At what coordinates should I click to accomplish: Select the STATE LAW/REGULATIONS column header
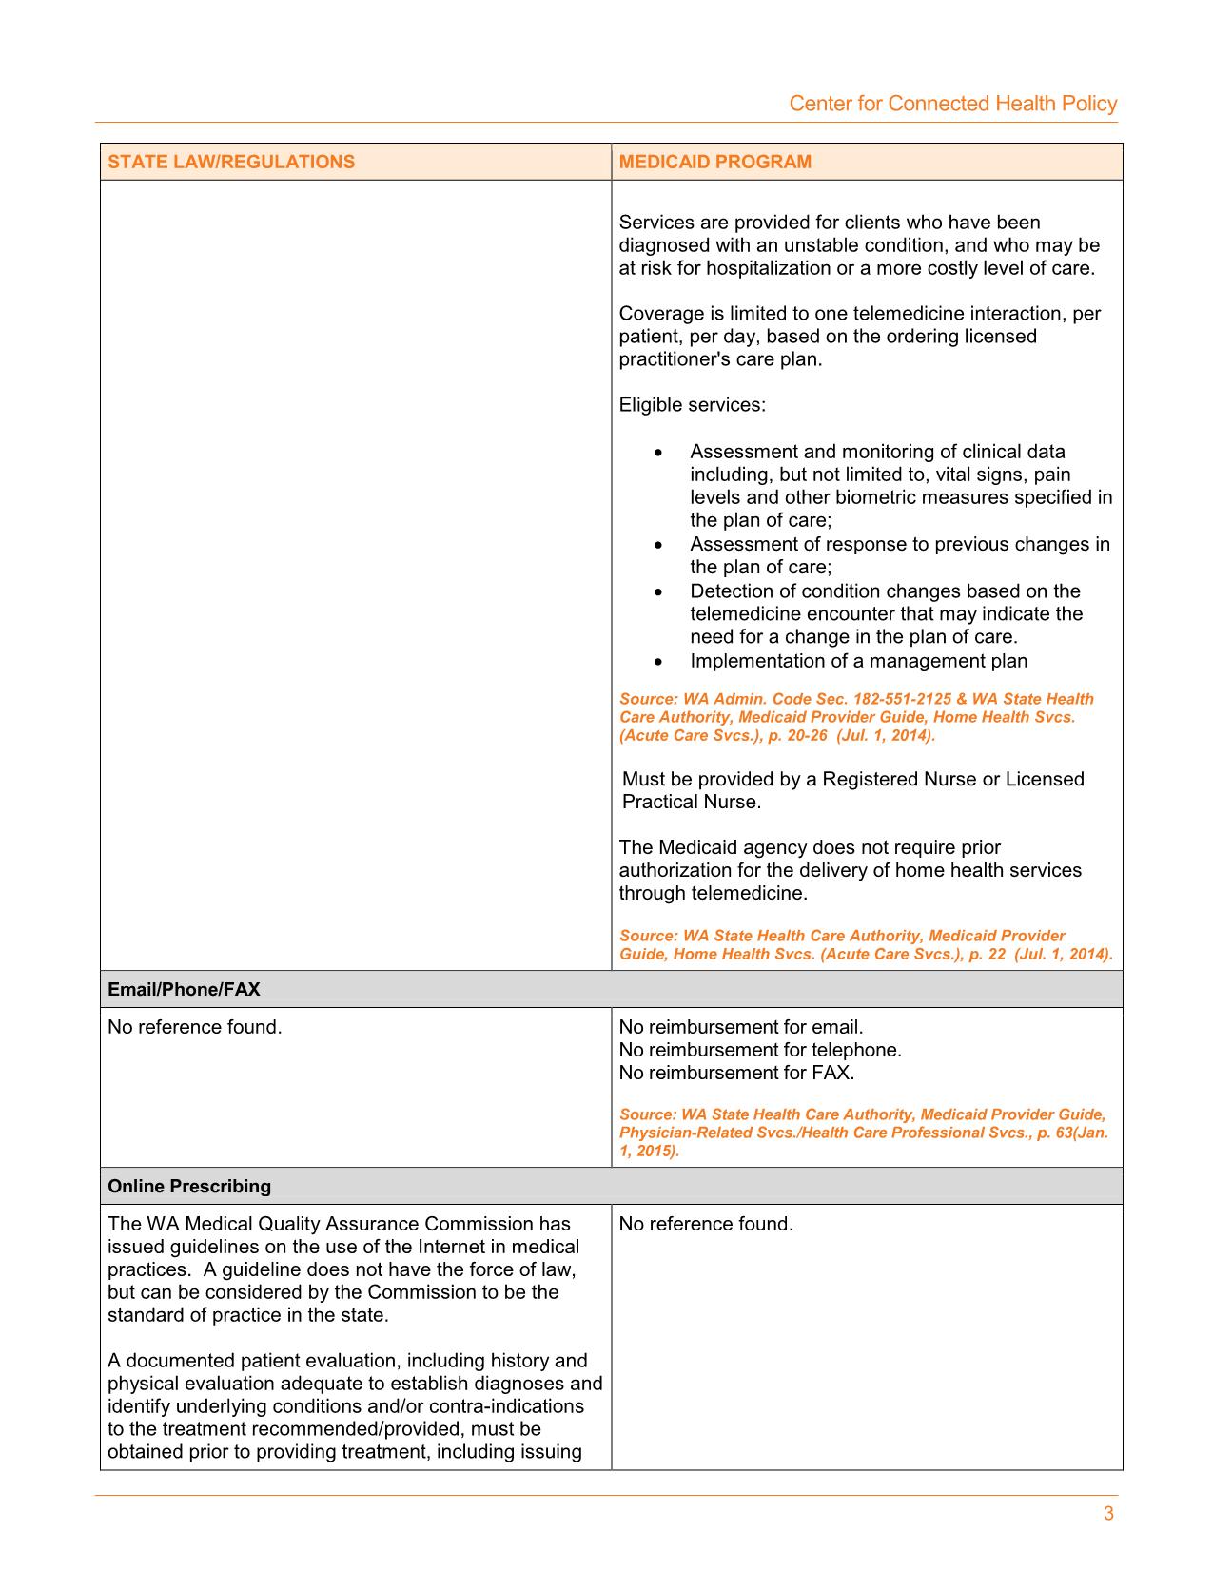231,162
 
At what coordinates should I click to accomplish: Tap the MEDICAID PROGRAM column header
714,162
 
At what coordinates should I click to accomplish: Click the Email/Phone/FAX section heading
184,989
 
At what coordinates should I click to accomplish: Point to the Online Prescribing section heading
189,1186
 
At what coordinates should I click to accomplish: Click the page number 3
1108,1514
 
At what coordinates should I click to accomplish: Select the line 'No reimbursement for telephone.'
760,1050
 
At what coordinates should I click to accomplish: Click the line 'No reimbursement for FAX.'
736,1073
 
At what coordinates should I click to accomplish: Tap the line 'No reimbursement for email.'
741,1027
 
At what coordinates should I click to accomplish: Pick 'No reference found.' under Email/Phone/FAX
195,1027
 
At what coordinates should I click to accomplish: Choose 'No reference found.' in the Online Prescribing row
706,1224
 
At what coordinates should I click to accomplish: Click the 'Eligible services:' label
692,405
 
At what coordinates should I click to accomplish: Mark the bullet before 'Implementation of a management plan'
658,662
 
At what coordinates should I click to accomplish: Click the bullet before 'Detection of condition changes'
658,592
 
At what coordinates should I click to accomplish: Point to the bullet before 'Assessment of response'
658,546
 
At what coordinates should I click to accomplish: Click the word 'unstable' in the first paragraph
818,245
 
